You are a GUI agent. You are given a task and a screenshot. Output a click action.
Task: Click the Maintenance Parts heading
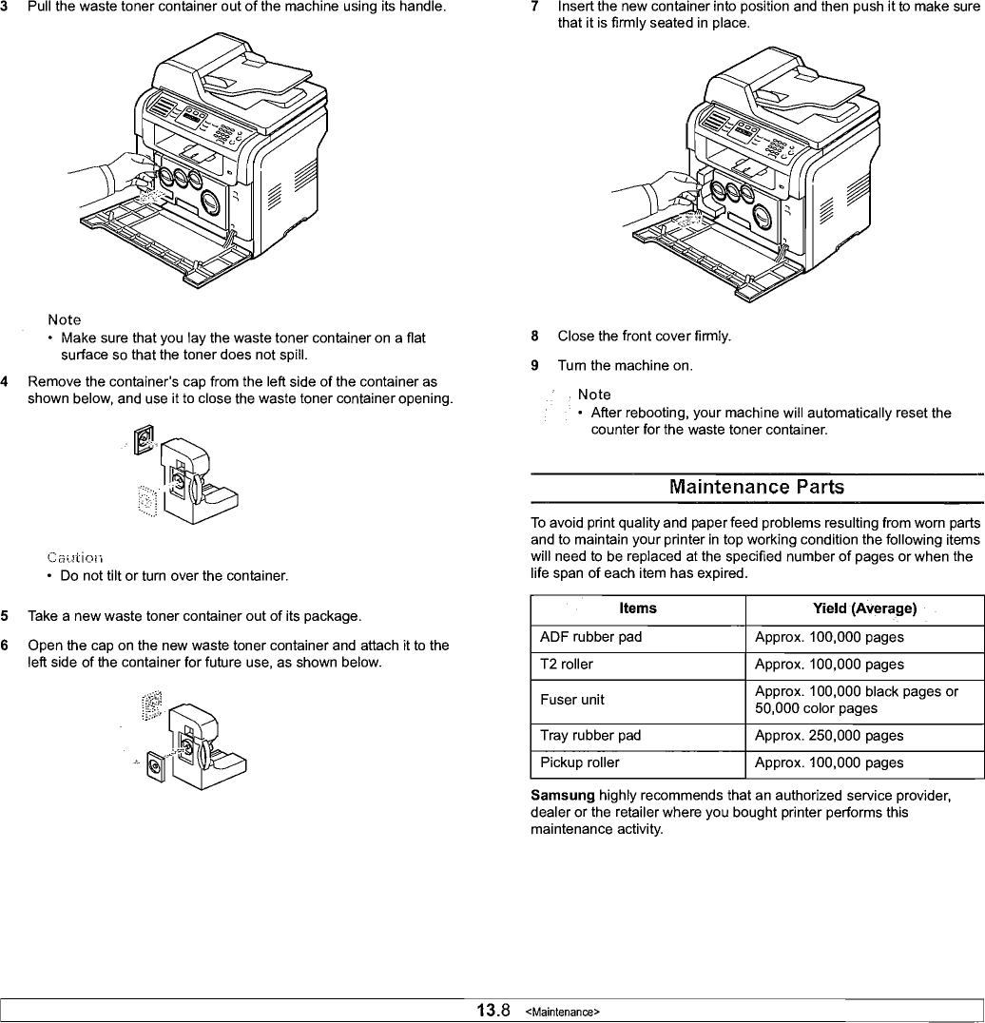click(756, 487)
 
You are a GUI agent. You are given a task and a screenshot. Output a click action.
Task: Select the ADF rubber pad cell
click(590, 637)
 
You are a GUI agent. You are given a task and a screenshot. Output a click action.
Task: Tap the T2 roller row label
click(566, 665)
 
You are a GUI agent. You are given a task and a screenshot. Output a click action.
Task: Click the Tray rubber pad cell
click(590, 735)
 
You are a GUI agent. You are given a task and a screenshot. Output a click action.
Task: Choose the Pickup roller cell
click(579, 762)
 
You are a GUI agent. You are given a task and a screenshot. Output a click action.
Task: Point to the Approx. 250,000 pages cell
click(829, 735)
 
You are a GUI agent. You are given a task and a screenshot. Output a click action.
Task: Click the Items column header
click(637, 608)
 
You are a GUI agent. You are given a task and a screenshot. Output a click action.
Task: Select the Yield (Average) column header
click(864, 608)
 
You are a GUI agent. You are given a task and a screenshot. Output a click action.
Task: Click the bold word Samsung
click(563, 795)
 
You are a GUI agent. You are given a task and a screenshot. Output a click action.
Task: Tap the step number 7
click(535, 6)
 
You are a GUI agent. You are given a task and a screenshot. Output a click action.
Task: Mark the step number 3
click(6, 8)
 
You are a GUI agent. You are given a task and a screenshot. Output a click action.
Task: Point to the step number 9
click(535, 365)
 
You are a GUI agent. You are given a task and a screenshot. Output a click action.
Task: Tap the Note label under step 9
click(594, 395)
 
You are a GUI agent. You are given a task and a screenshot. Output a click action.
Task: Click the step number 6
click(6, 646)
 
